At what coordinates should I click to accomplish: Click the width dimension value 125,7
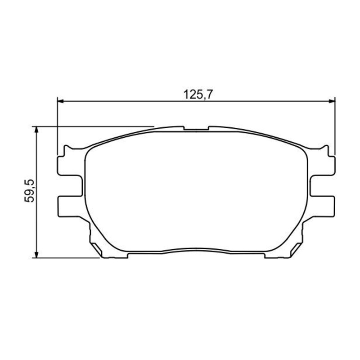194,95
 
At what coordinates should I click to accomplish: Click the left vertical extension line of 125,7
58,126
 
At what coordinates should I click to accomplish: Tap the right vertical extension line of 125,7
336,126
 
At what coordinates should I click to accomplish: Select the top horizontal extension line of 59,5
94,126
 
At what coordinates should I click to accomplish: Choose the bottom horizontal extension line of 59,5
67,258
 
